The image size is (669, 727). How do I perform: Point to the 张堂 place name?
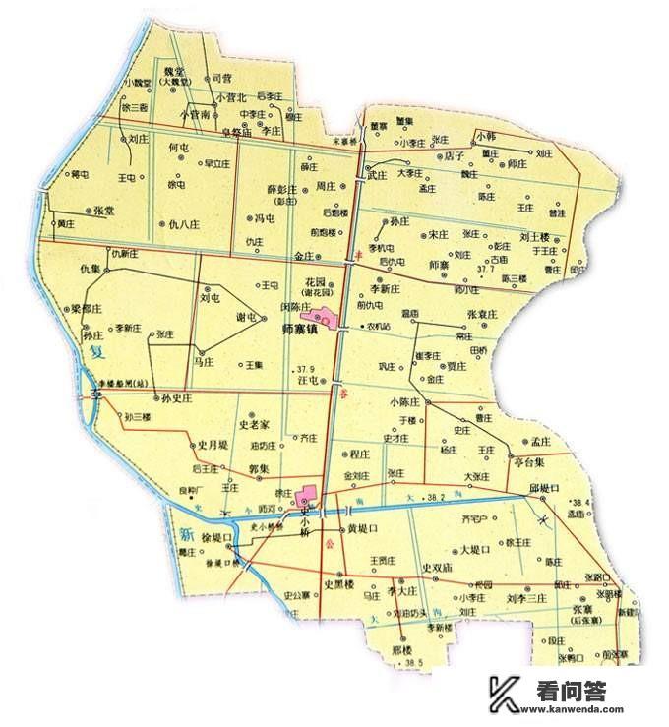(104, 211)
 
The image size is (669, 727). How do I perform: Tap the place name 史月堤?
(212, 446)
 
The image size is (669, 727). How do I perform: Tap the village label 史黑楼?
(337, 582)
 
